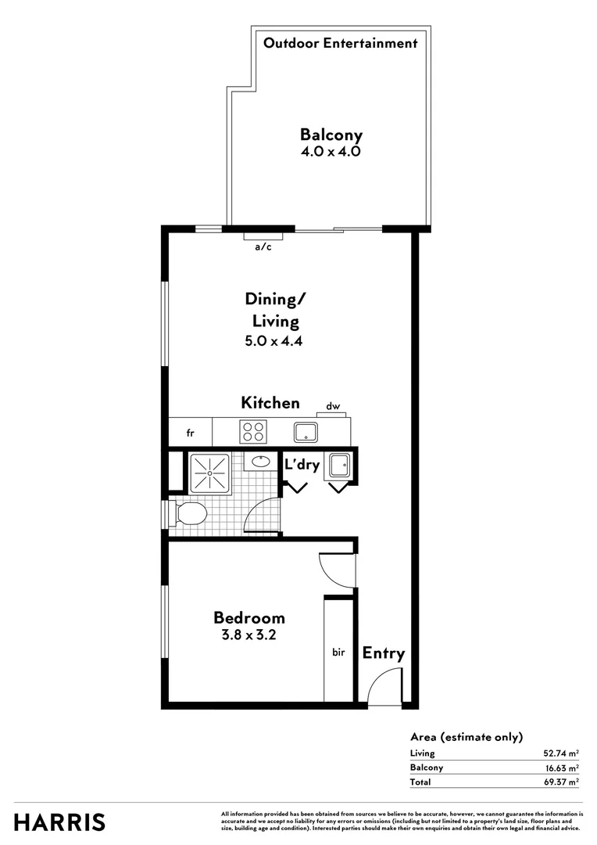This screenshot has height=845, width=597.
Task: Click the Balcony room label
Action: [331, 135]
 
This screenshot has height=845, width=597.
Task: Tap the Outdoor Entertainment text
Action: [340, 44]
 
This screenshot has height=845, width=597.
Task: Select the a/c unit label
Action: [263, 247]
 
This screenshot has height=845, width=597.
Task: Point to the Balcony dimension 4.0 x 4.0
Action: [331, 153]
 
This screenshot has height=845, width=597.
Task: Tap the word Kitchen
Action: [270, 403]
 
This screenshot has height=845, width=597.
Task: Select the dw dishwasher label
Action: [333, 406]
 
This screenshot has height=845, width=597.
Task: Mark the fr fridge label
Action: [190, 432]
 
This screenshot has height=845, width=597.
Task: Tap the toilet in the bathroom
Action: [188, 514]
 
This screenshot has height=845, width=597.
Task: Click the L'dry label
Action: [302, 465]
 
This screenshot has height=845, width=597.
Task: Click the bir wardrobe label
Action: [338, 651]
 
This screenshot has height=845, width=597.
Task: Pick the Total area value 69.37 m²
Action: [561, 782]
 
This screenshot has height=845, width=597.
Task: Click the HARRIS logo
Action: [60, 822]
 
